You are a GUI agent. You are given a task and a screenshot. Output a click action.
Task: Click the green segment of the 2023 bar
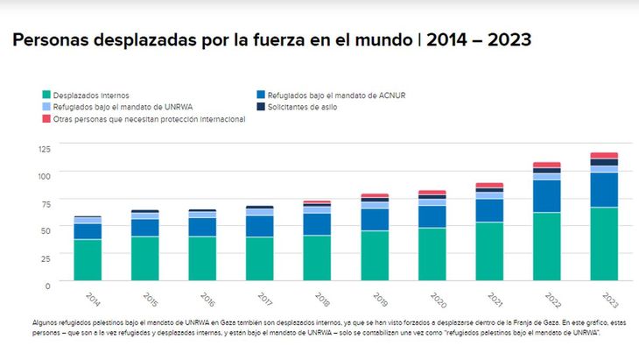pyautogui.click(x=604, y=245)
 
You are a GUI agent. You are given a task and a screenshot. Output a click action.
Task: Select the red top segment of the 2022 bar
pyautogui.click(x=547, y=165)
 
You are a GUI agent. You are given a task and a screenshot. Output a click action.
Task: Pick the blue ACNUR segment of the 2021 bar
pyautogui.click(x=489, y=210)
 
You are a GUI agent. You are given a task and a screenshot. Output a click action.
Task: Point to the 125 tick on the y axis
pyautogui.click(x=44, y=148)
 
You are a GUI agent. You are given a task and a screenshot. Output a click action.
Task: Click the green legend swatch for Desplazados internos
pyautogui.click(x=46, y=95)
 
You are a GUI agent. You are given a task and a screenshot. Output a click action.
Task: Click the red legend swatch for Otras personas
pyautogui.click(x=46, y=118)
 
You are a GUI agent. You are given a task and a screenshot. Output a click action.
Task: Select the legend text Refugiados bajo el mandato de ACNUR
pyautogui.click(x=335, y=95)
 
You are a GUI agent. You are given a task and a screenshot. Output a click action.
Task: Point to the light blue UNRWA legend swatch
pyautogui.click(x=46, y=107)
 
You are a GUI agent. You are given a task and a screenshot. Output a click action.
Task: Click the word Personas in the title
pyautogui.click(x=53, y=40)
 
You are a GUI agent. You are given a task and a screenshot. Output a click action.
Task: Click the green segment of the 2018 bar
pyautogui.click(x=317, y=259)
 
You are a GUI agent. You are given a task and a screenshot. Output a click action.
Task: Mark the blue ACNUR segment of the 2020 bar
pyautogui.click(x=432, y=216)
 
